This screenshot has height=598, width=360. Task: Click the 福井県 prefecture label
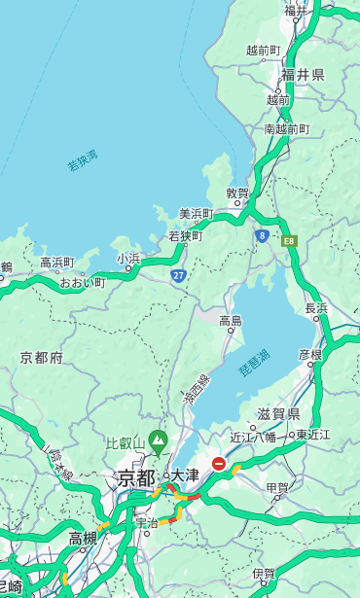coord(304,75)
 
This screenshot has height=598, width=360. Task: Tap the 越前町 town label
coord(263,51)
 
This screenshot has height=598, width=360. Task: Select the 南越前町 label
coord(286,128)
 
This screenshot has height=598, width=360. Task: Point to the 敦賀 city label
coord(237,193)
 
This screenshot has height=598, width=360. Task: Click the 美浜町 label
coord(196,214)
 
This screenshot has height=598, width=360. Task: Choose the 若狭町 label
coord(185,235)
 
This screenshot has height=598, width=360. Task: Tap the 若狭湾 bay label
coord(82,160)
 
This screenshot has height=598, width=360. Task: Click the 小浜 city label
coord(128,259)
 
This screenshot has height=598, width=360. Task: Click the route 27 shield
coord(179,276)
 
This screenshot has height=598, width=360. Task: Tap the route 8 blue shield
coord(262,234)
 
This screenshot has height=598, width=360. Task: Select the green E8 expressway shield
coord(289,240)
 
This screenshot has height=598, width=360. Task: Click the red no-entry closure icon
coord(220,465)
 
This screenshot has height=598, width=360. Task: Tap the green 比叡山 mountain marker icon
coord(157,445)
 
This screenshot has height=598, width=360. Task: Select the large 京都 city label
coord(135,477)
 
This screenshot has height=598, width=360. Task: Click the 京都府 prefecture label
coord(41,358)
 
